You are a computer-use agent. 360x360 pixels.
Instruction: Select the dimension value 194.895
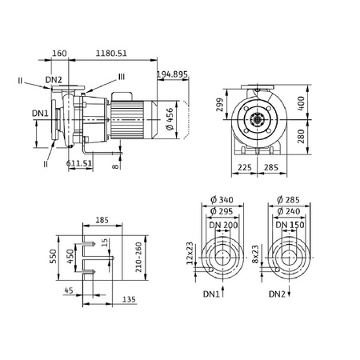[x=174, y=74]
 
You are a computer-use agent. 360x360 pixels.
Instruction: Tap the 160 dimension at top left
[x=59, y=53]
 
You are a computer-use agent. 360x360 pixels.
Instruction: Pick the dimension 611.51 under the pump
[x=78, y=162]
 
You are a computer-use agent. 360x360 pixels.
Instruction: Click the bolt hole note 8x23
[x=256, y=256]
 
